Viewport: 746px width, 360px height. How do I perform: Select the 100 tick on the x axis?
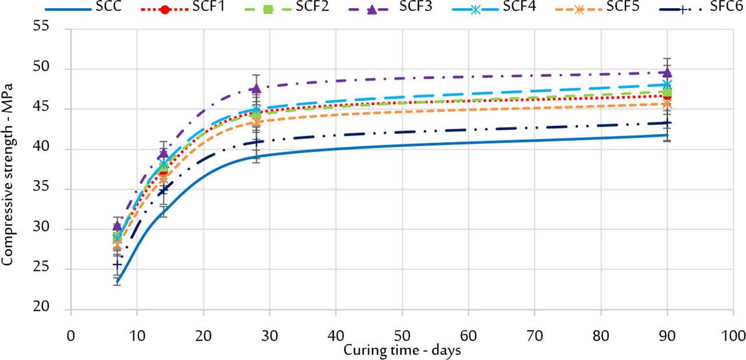click(x=733, y=336)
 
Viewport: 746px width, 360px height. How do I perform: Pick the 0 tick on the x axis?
click(x=71, y=336)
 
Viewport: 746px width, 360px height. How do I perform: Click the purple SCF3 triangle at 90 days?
click(x=667, y=72)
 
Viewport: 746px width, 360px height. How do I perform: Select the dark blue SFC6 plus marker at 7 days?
click(x=117, y=264)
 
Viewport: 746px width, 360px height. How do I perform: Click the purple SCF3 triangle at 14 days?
click(x=163, y=153)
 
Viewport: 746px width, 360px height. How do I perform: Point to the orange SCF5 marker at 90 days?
click(x=667, y=104)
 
